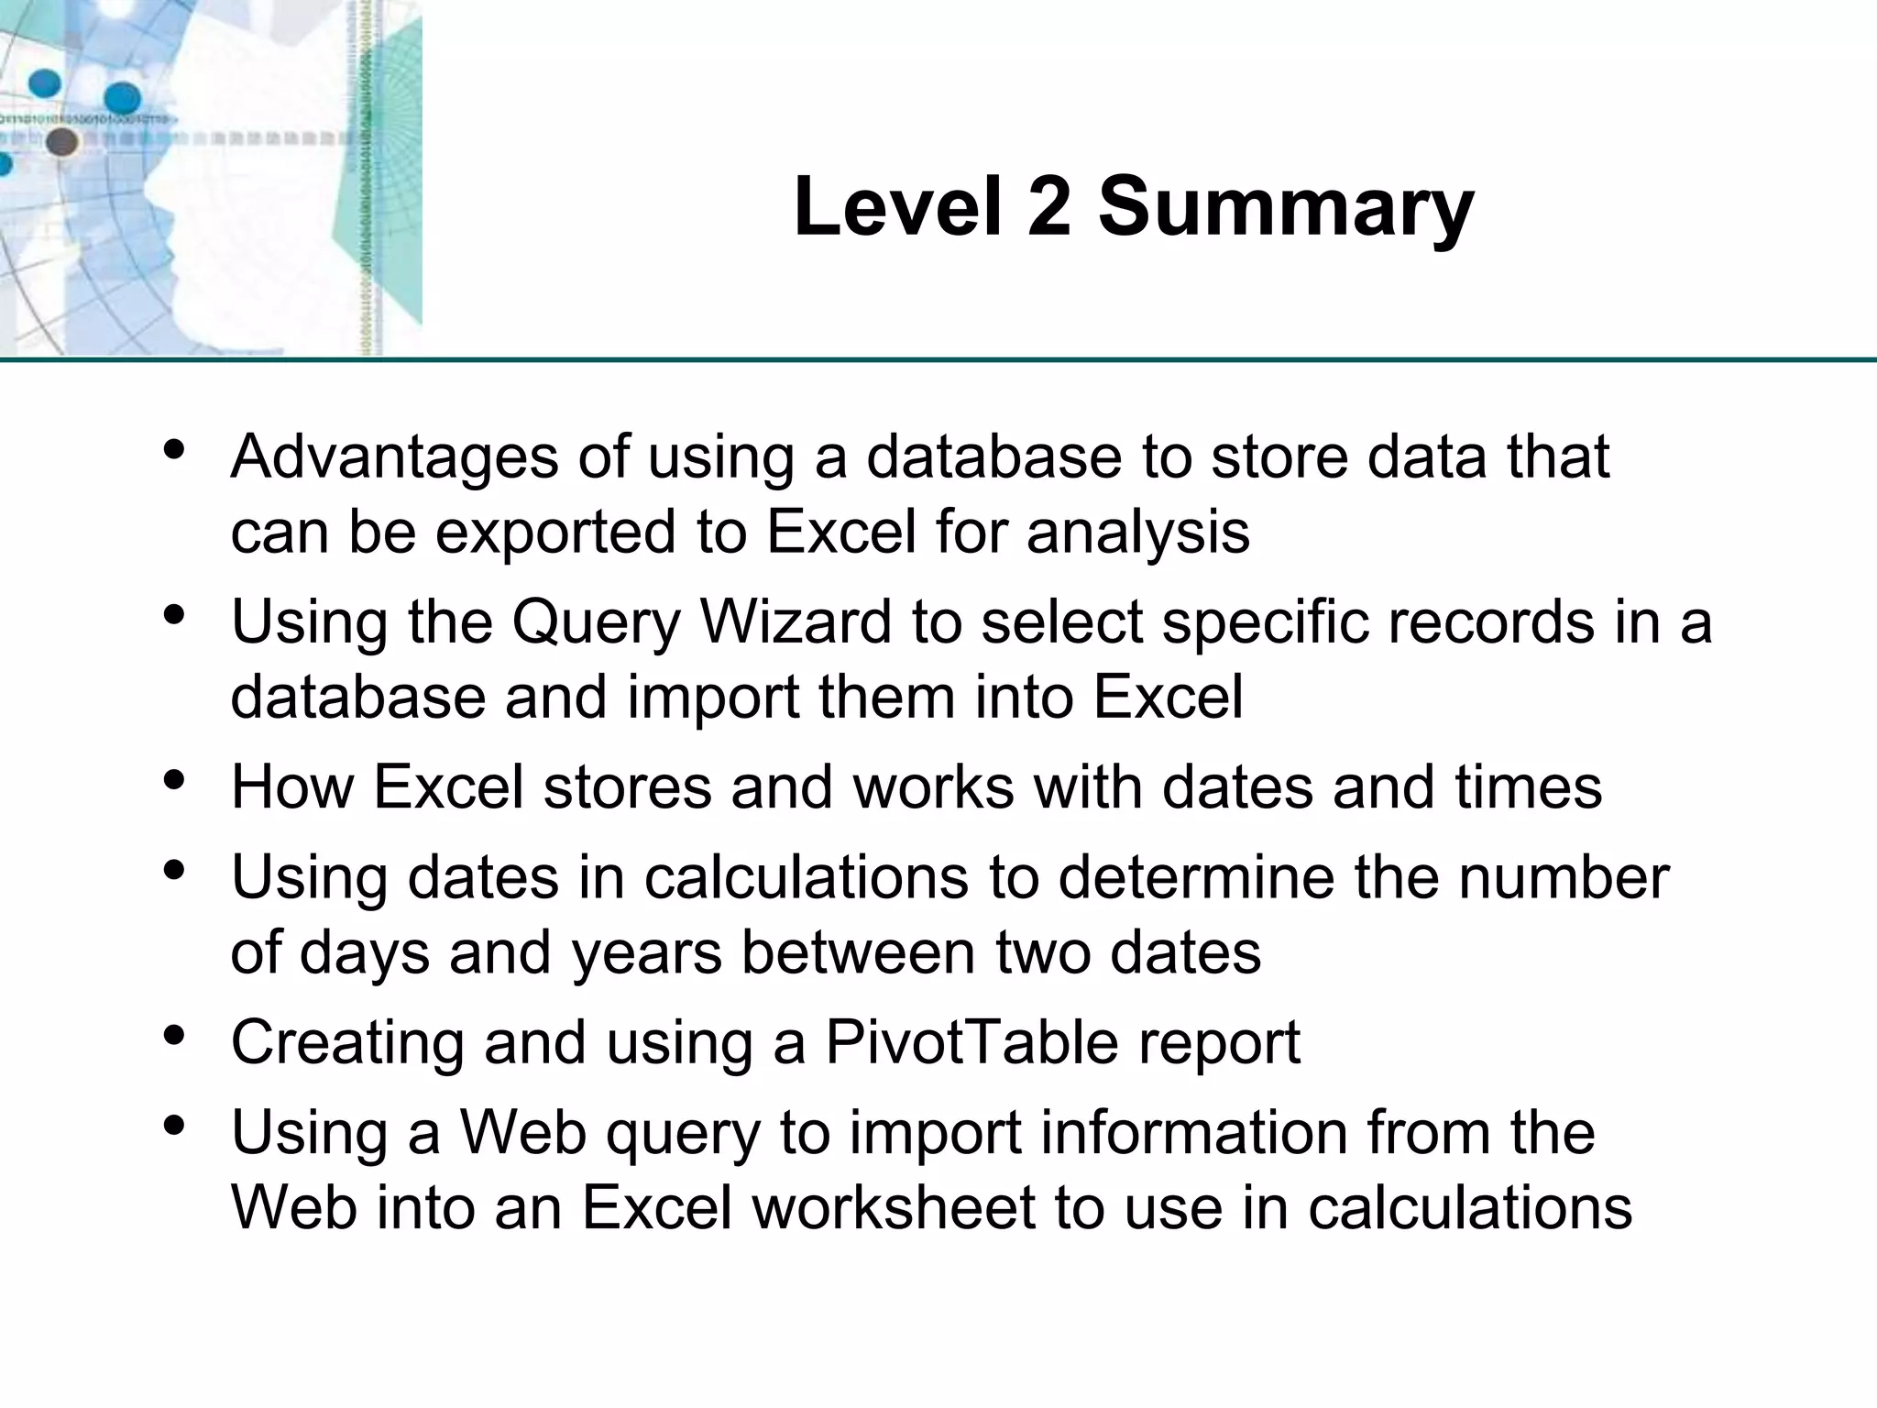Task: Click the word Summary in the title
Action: coord(1286,209)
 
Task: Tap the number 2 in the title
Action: coord(1048,207)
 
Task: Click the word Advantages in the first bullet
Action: coord(394,458)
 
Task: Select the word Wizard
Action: coord(796,622)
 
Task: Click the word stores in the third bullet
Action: coord(627,787)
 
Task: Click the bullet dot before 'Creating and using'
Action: coord(174,1035)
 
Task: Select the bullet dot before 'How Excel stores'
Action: coord(174,779)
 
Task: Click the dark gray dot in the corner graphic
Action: coord(61,141)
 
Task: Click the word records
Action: coord(1491,622)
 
